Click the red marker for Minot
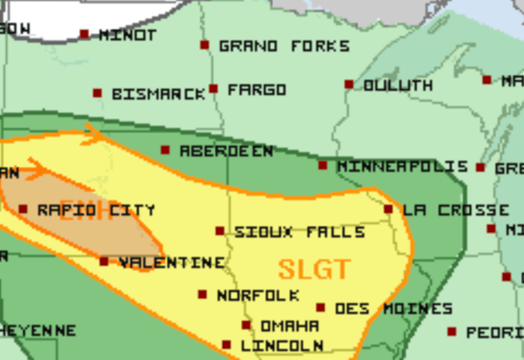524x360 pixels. (85, 34)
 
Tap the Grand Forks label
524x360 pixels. (284, 46)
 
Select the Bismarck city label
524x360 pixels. (158, 94)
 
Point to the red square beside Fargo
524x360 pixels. (213, 89)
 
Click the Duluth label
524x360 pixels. (397, 85)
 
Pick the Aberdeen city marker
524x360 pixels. (165, 150)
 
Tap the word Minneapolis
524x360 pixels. (402, 166)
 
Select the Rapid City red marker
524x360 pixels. (23, 210)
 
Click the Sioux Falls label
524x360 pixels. (299, 232)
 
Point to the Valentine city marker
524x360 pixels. (104, 262)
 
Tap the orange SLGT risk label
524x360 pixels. (314, 269)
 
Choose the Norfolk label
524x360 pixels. (258, 296)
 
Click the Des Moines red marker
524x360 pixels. (320, 308)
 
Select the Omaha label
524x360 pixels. (289, 326)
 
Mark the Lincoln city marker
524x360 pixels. (227, 345)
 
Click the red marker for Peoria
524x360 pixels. (452, 332)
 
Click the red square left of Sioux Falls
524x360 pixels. (220, 231)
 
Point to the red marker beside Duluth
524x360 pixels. (349, 85)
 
